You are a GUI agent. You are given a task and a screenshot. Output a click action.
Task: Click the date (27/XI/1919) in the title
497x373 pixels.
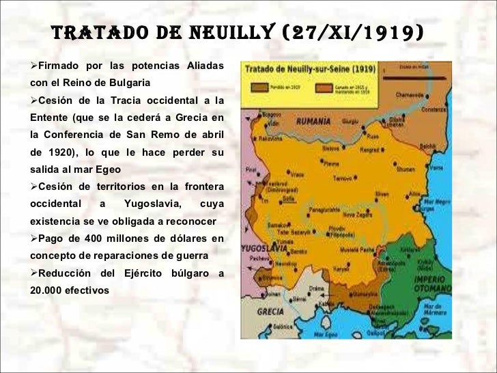(x=363, y=32)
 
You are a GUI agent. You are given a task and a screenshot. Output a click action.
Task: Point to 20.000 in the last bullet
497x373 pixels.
(x=46, y=290)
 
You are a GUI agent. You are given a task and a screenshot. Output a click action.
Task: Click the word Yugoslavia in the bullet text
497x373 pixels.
(x=153, y=204)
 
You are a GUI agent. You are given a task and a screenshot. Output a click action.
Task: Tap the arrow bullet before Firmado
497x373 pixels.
(x=34, y=66)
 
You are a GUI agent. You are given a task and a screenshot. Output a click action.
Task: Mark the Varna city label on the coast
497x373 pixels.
(x=436, y=167)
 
